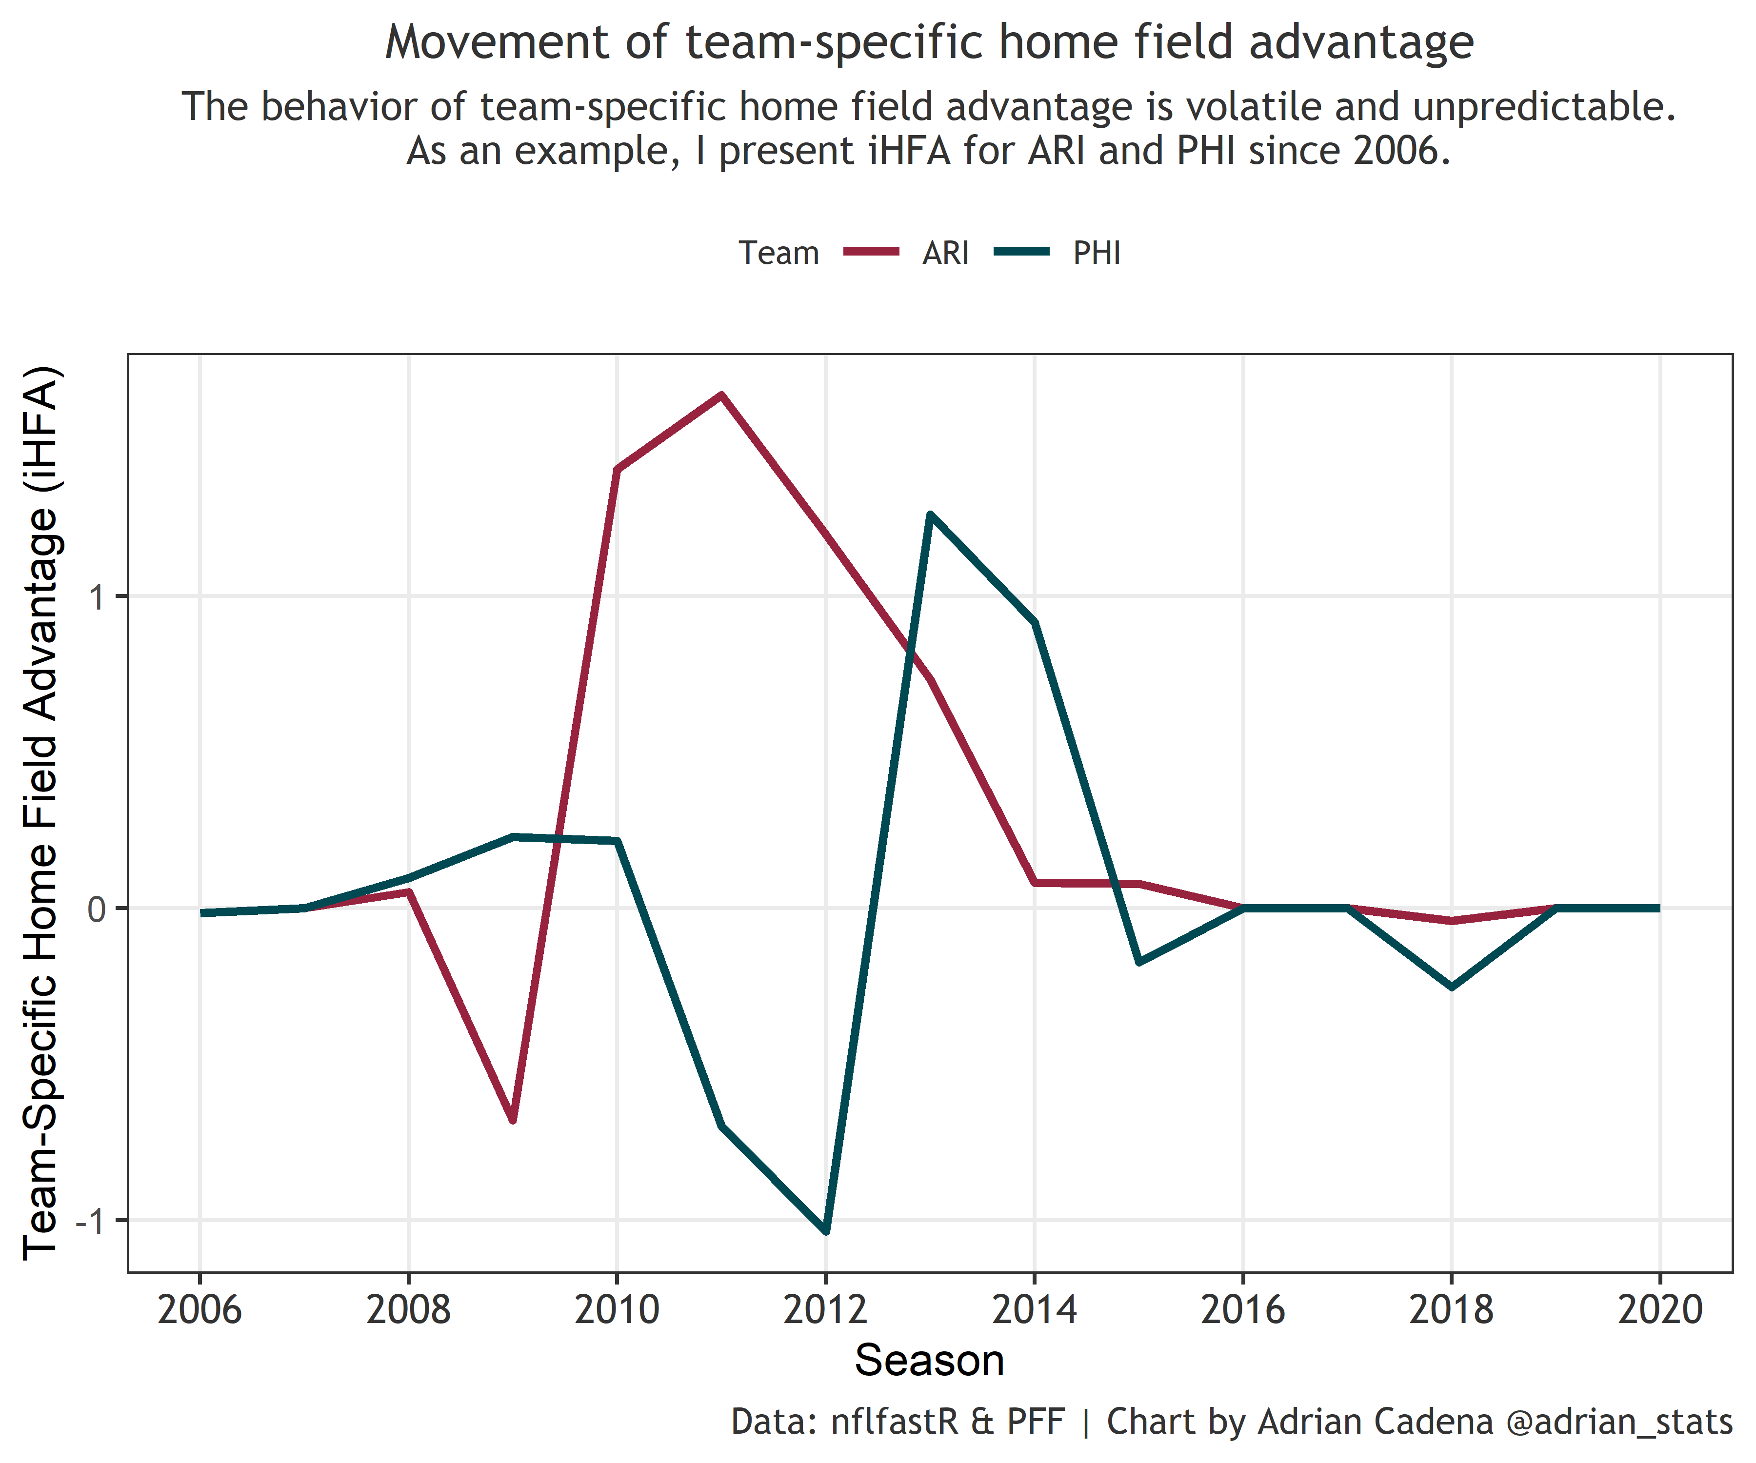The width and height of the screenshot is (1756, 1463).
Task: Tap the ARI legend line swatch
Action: [x=871, y=252]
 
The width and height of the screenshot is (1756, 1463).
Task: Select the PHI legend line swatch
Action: [x=1022, y=252]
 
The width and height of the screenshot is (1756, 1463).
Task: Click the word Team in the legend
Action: [x=778, y=253]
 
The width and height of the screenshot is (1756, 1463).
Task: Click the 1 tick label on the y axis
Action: [x=98, y=597]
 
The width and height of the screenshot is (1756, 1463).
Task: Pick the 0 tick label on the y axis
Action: [x=98, y=909]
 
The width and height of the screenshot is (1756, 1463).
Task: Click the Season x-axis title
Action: [x=929, y=1361]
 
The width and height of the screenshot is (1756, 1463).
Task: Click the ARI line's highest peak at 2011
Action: [x=721, y=395]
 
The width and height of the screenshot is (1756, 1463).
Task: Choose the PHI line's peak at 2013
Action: [x=930, y=515]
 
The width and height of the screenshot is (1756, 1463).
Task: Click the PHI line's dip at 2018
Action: [x=1452, y=988]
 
